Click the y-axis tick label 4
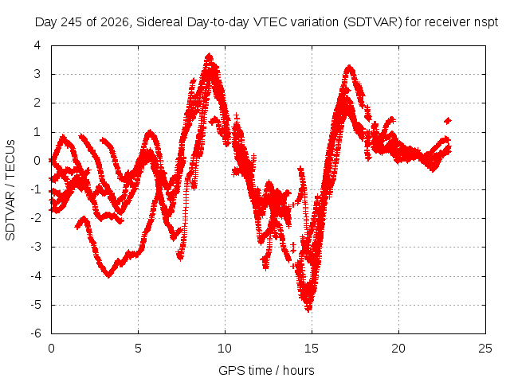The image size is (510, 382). click(37, 45)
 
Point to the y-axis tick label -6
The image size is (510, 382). click(36, 333)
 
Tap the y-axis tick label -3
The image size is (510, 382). click(36, 247)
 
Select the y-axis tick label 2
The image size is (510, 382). click(37, 103)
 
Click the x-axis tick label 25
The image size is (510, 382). click(485, 349)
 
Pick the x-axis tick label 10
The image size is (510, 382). click(225, 349)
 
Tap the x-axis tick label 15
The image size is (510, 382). click(312, 349)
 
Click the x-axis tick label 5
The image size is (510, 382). click(138, 349)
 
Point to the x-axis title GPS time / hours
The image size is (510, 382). click(266, 370)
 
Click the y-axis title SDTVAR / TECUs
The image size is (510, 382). click(10, 190)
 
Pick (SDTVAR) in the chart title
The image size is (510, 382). click(373, 22)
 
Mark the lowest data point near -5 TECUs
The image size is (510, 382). click(308, 309)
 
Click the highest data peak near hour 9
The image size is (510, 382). click(209, 57)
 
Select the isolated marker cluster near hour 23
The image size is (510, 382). click(448, 121)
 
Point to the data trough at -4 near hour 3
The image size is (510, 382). click(108, 275)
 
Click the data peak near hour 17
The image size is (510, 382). click(349, 68)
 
